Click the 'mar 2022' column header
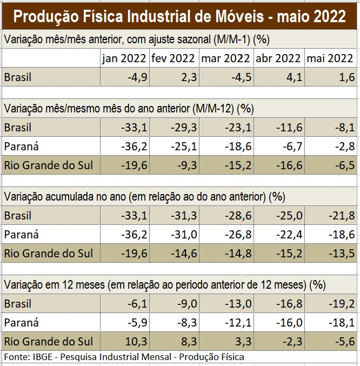(x=225, y=58)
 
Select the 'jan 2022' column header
(x=124, y=58)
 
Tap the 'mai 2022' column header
(x=331, y=58)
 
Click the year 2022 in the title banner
(x=326, y=16)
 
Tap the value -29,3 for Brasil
(x=183, y=128)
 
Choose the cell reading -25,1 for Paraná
(x=183, y=147)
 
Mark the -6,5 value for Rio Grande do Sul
(x=344, y=165)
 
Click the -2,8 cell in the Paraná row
(x=344, y=147)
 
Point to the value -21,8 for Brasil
(x=342, y=216)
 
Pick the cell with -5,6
(x=344, y=342)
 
